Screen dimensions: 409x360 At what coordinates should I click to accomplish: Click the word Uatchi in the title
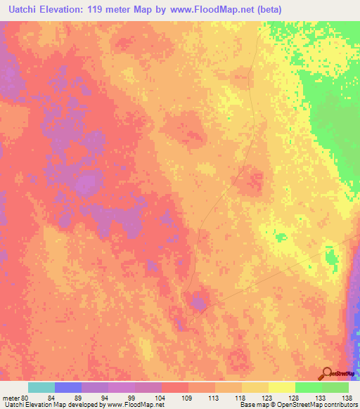(x=24, y=10)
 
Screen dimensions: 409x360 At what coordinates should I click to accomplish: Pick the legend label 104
(x=166, y=397)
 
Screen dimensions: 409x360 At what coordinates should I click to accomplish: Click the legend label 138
(x=346, y=397)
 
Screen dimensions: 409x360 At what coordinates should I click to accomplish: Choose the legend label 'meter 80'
(x=15, y=397)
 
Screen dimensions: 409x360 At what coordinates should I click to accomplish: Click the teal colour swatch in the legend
(x=41, y=387)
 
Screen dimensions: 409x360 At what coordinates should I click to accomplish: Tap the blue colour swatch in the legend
(x=68, y=387)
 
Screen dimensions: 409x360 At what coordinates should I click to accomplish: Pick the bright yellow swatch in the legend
(x=282, y=387)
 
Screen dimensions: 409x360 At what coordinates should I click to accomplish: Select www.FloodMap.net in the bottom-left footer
(x=136, y=405)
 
